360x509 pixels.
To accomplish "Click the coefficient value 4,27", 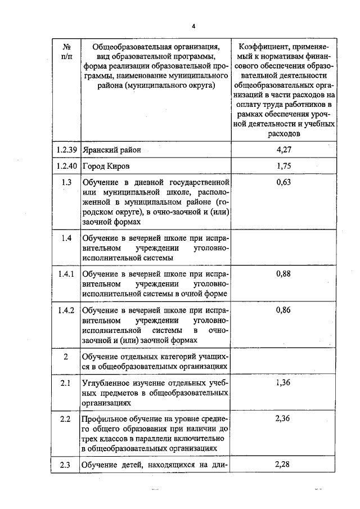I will pos(284,150).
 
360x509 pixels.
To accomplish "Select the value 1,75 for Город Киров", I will pos(284,166).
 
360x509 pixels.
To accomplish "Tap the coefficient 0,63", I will pos(284,182).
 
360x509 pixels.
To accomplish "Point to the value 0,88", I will pos(284,274).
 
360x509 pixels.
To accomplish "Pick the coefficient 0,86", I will pos(284,310).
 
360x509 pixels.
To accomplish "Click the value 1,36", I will pos(284,383).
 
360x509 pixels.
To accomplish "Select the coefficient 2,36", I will pos(284,419).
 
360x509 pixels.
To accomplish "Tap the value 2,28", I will pos(284,464).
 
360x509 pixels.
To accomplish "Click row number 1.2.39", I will pos(66,150).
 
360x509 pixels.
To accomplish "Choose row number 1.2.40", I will pos(66,166).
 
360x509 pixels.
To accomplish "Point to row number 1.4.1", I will pos(66,274).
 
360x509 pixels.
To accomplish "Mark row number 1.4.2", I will pos(66,310).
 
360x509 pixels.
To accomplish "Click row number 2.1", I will pos(66,383).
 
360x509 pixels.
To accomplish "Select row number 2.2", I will pos(66,419).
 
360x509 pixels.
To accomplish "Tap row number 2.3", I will pos(66,464).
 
